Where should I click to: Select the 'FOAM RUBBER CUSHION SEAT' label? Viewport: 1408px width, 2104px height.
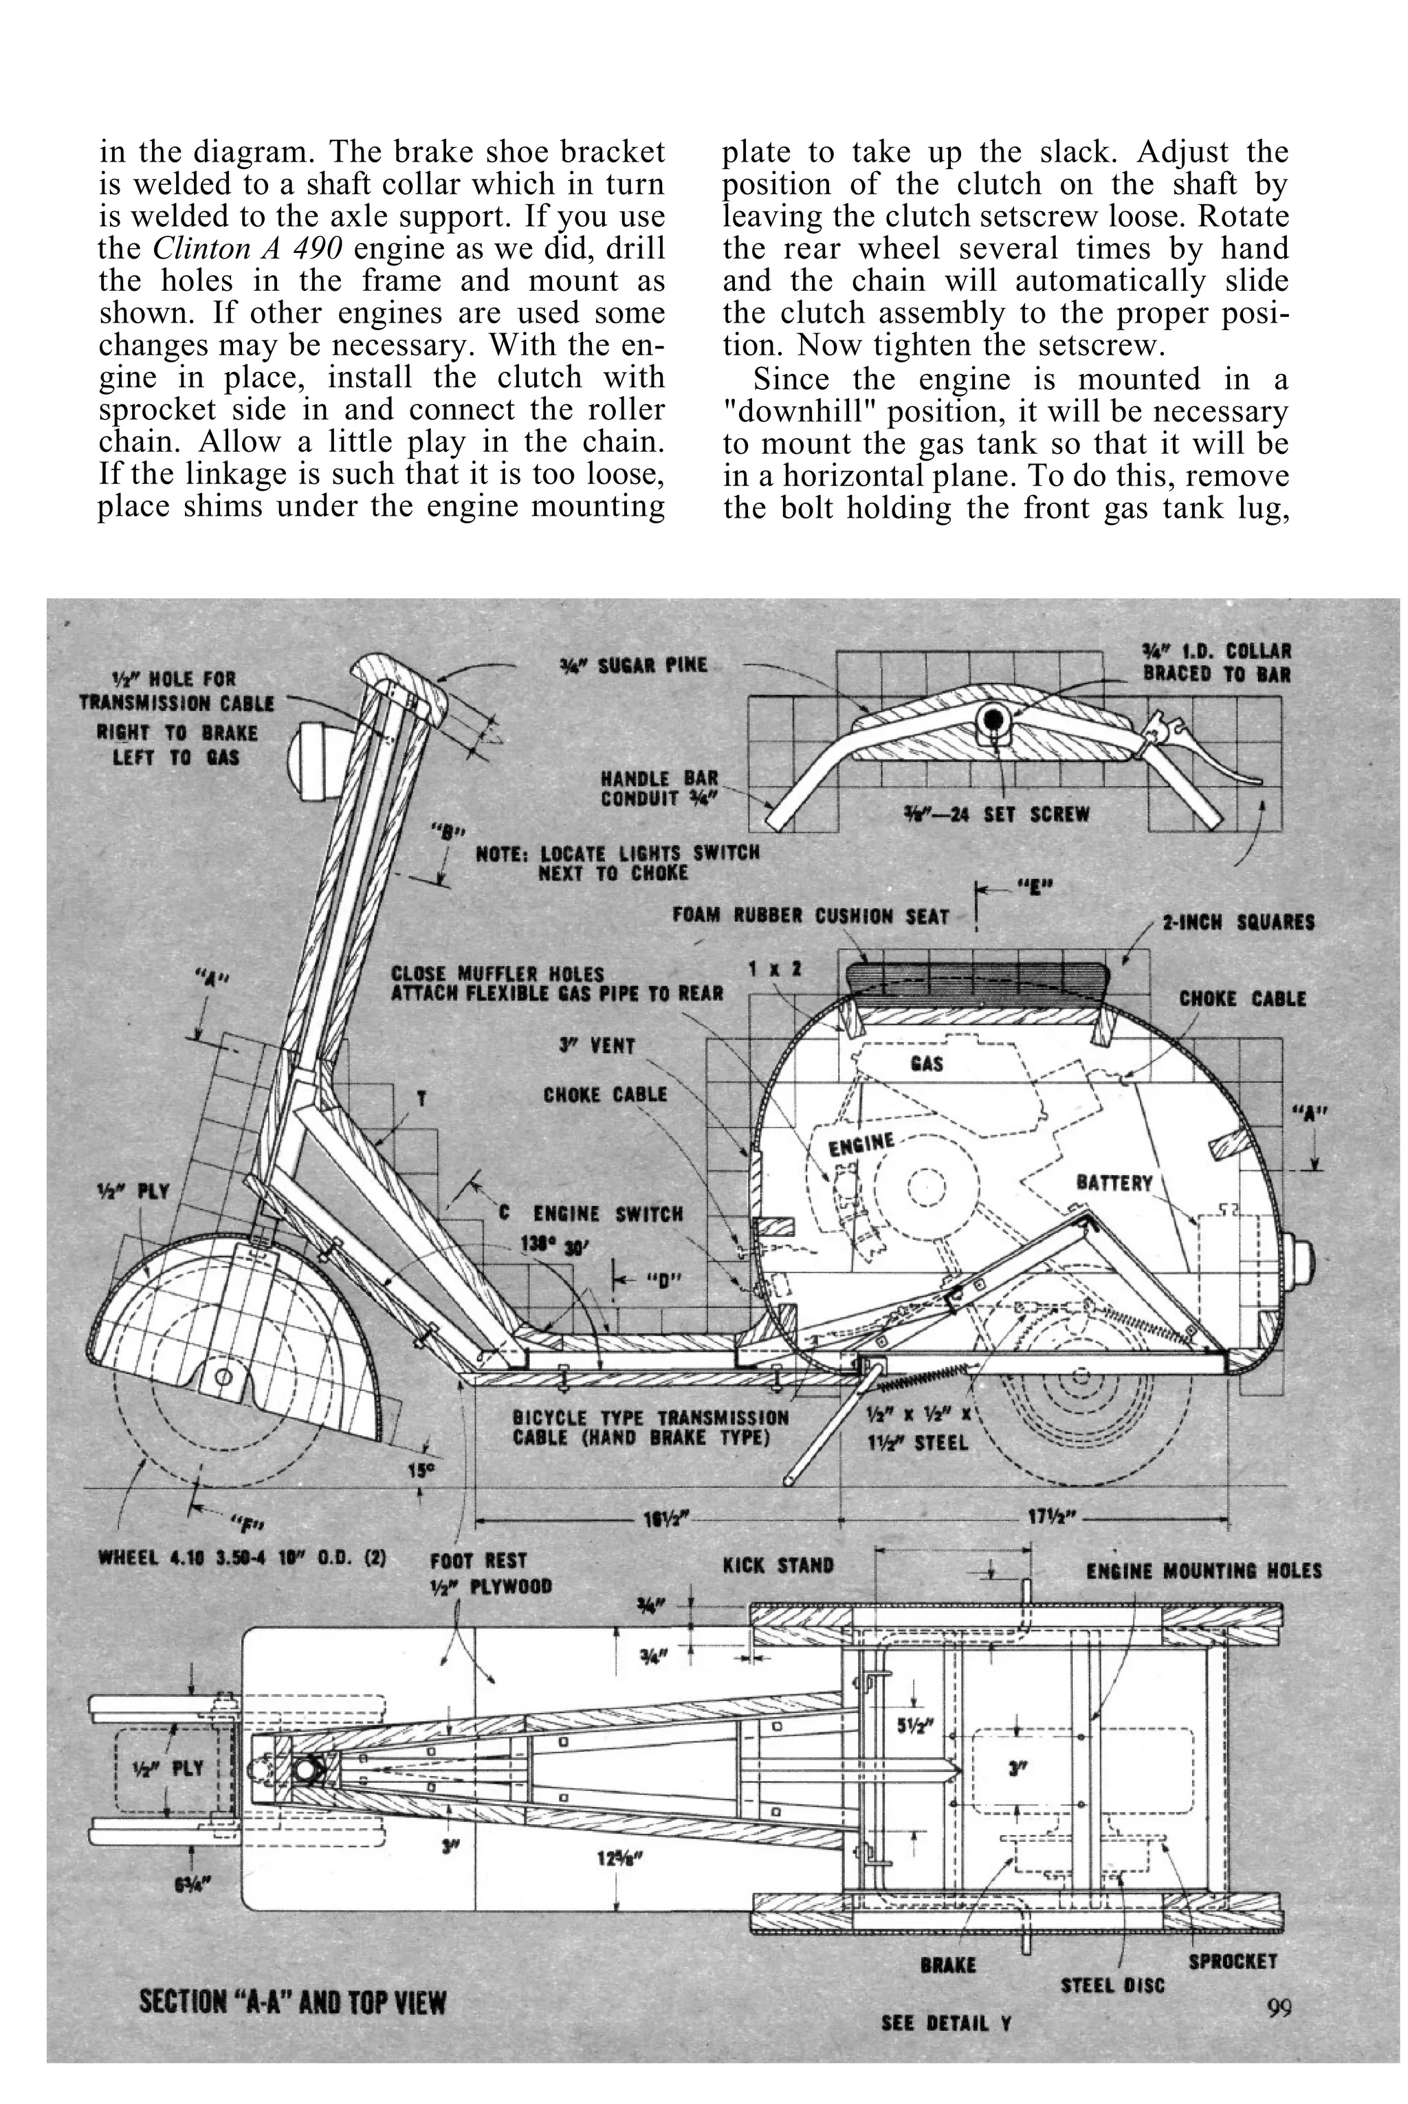coord(811,917)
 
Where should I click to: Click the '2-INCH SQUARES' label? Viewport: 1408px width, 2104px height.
coord(1238,922)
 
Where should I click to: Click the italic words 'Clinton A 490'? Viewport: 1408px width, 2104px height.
coord(247,249)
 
